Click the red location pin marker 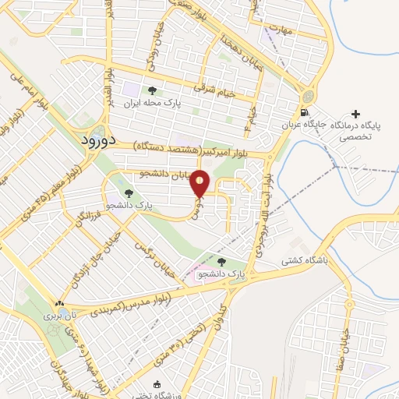coord(201,182)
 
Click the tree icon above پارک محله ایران coord(163,92)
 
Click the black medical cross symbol coord(356,114)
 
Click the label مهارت coord(277,31)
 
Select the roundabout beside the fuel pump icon coord(308,97)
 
